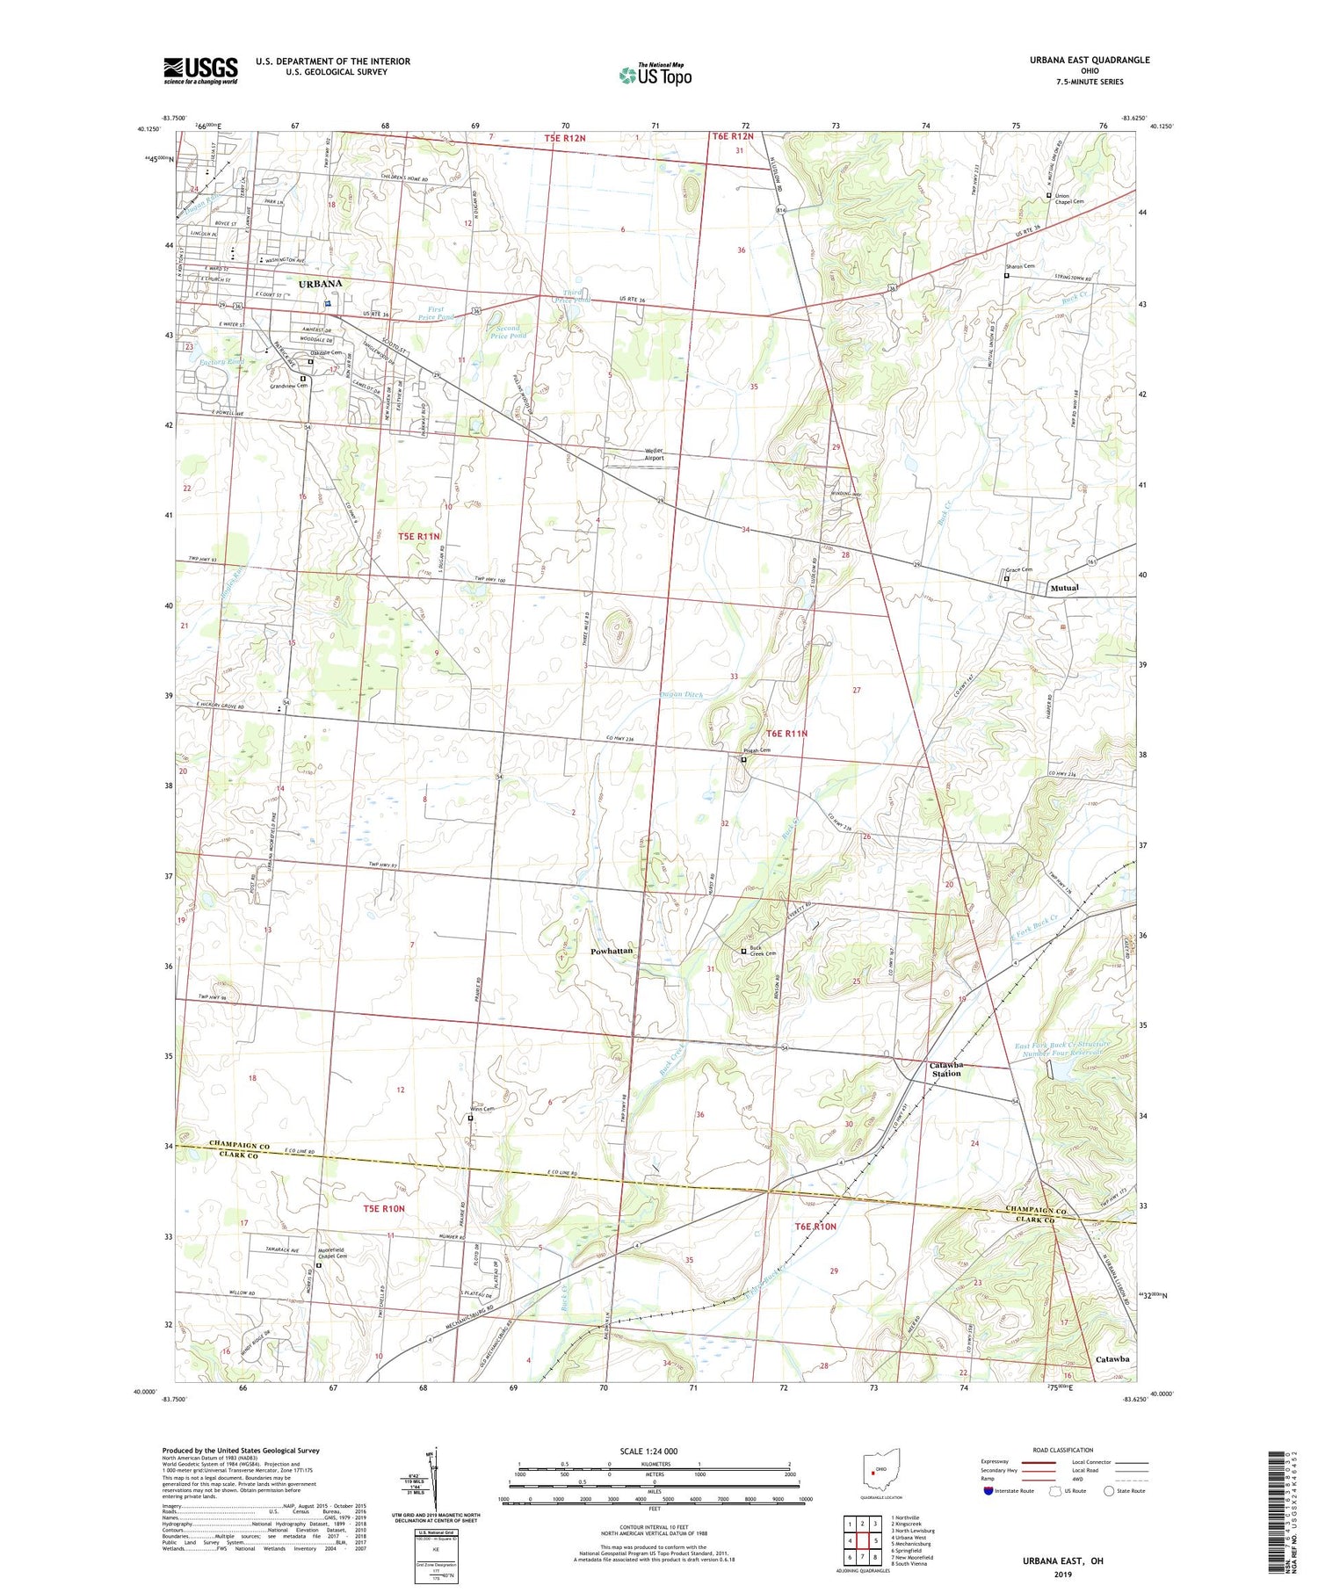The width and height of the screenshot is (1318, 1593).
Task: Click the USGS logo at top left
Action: (x=200, y=70)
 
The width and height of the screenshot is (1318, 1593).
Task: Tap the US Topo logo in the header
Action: (x=655, y=75)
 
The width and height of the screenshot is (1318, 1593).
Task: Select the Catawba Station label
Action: (x=945, y=1068)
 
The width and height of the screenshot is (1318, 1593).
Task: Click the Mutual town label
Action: (x=1064, y=588)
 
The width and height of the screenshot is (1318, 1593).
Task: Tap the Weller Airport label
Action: (x=655, y=453)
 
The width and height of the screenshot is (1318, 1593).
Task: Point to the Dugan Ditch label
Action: (x=681, y=694)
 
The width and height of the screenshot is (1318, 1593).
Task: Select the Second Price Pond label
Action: (x=508, y=331)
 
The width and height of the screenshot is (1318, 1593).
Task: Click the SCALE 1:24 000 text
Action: (x=654, y=1451)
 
